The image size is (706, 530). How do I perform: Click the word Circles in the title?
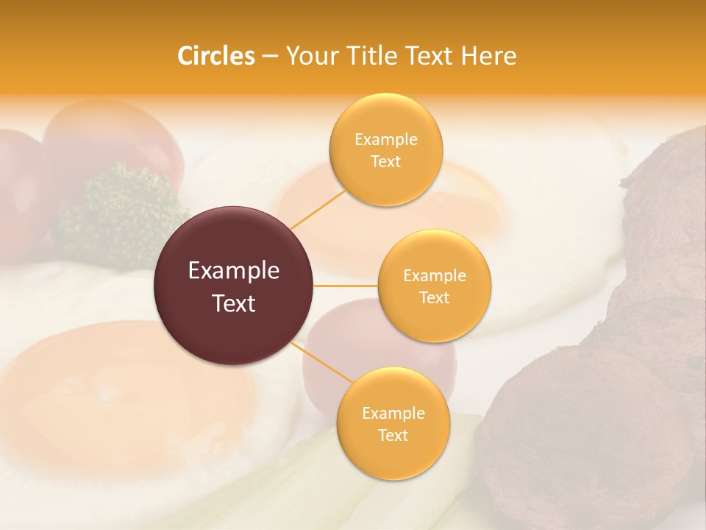(x=215, y=56)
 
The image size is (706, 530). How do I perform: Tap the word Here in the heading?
(x=488, y=56)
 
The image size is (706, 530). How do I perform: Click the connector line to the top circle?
(x=318, y=209)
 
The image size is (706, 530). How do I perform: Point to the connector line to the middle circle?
(x=346, y=286)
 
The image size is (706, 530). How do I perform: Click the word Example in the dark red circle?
(x=234, y=271)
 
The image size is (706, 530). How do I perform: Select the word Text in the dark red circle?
(x=234, y=303)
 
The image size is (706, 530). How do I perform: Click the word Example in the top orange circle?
(x=386, y=139)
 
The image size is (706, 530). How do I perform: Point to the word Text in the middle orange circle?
(x=435, y=297)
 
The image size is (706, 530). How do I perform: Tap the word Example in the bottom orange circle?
(x=393, y=413)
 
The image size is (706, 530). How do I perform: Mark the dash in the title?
(x=270, y=57)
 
